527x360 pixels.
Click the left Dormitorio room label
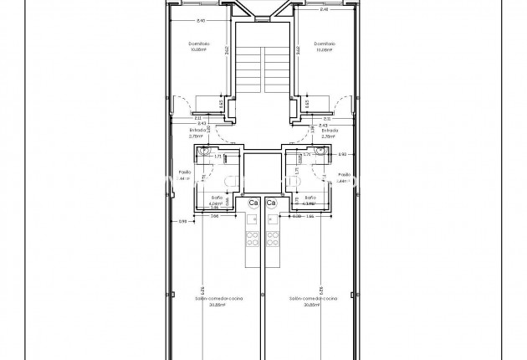pyautogui.click(x=198, y=44)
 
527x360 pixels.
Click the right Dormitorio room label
pyautogui.click(x=325, y=44)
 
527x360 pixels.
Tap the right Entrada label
pyautogui.click(x=329, y=131)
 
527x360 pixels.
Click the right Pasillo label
pyautogui.click(x=342, y=175)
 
